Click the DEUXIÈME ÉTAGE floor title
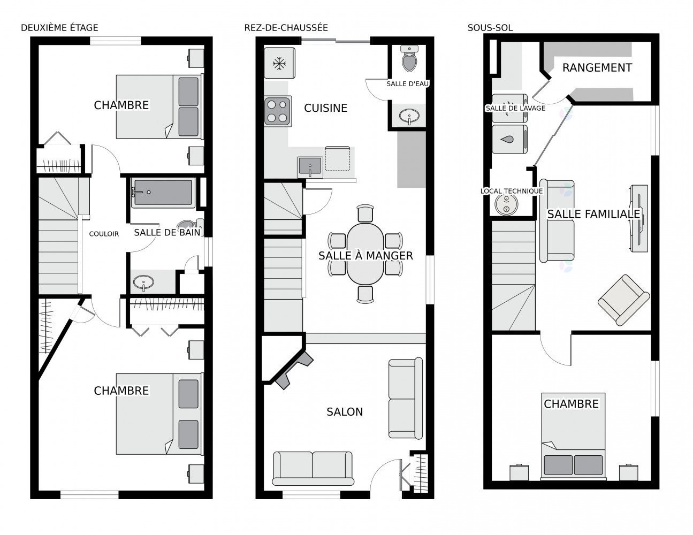(x=59, y=28)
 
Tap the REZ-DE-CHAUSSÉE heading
(x=286, y=28)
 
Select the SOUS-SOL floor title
(x=490, y=28)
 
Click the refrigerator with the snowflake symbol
(x=279, y=64)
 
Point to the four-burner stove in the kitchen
(x=278, y=111)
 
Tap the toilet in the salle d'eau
(x=410, y=59)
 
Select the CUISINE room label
(x=325, y=108)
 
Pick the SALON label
(x=345, y=411)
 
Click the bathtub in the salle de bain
(x=162, y=193)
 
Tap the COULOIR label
(x=104, y=234)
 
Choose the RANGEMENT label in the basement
(x=597, y=68)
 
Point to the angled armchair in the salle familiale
(x=623, y=300)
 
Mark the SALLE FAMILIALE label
(x=593, y=214)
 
